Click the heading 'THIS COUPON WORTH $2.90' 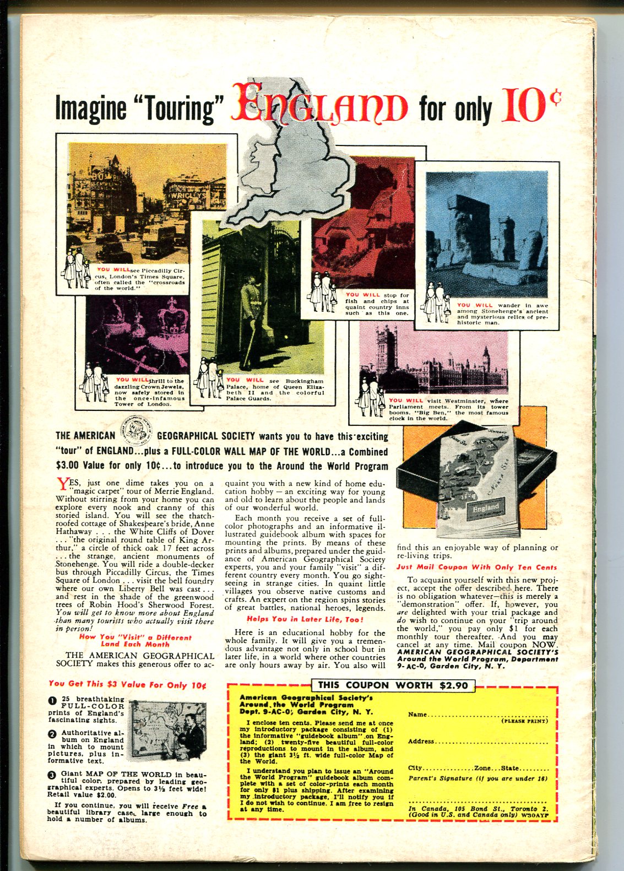(393, 685)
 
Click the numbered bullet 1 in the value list (52, 701)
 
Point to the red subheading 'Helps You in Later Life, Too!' (305, 619)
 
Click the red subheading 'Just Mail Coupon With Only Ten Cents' (477, 567)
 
